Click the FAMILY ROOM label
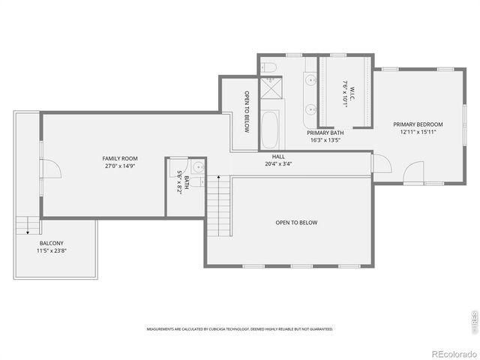point(120,158)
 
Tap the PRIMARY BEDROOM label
point(418,124)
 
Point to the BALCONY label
point(52,243)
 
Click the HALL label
point(278,157)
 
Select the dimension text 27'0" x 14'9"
point(120,166)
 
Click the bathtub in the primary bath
point(269,130)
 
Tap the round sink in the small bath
point(197,167)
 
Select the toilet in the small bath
point(195,181)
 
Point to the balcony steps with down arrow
point(26,224)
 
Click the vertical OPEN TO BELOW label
point(247,112)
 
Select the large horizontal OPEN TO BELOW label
point(296,223)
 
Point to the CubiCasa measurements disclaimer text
point(239,328)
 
